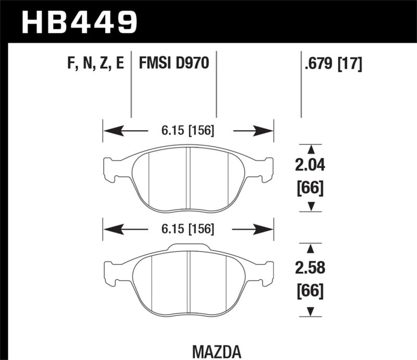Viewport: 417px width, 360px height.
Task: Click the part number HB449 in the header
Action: click(x=79, y=22)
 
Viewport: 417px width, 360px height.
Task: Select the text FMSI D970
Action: click(x=174, y=63)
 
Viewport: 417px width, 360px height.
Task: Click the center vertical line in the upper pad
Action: click(x=189, y=177)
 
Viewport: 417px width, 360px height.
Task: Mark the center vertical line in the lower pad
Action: click(x=188, y=281)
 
